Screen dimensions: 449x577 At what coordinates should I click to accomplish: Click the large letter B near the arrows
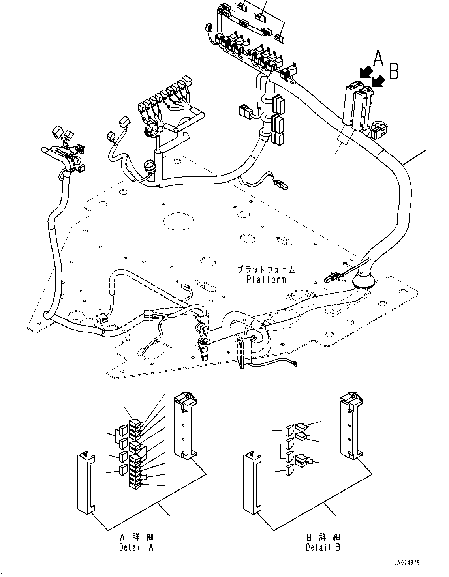[x=394, y=71]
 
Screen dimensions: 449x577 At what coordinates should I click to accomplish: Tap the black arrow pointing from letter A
[x=366, y=73]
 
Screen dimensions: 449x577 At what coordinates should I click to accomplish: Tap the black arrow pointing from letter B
[x=379, y=81]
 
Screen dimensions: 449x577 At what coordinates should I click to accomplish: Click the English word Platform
[x=266, y=279]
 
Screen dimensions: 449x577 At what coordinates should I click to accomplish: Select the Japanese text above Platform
[x=266, y=270]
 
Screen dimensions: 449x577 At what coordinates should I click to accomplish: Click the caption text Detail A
[x=136, y=547]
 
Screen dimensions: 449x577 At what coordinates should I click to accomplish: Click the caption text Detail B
[x=323, y=547]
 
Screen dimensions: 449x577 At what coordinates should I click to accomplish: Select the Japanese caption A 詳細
[x=137, y=538]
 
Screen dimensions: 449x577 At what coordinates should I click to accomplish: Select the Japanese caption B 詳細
[x=323, y=538]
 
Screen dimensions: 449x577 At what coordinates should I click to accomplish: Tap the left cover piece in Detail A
[x=86, y=484]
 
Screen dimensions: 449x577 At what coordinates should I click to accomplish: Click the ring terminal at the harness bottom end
[x=295, y=364]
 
